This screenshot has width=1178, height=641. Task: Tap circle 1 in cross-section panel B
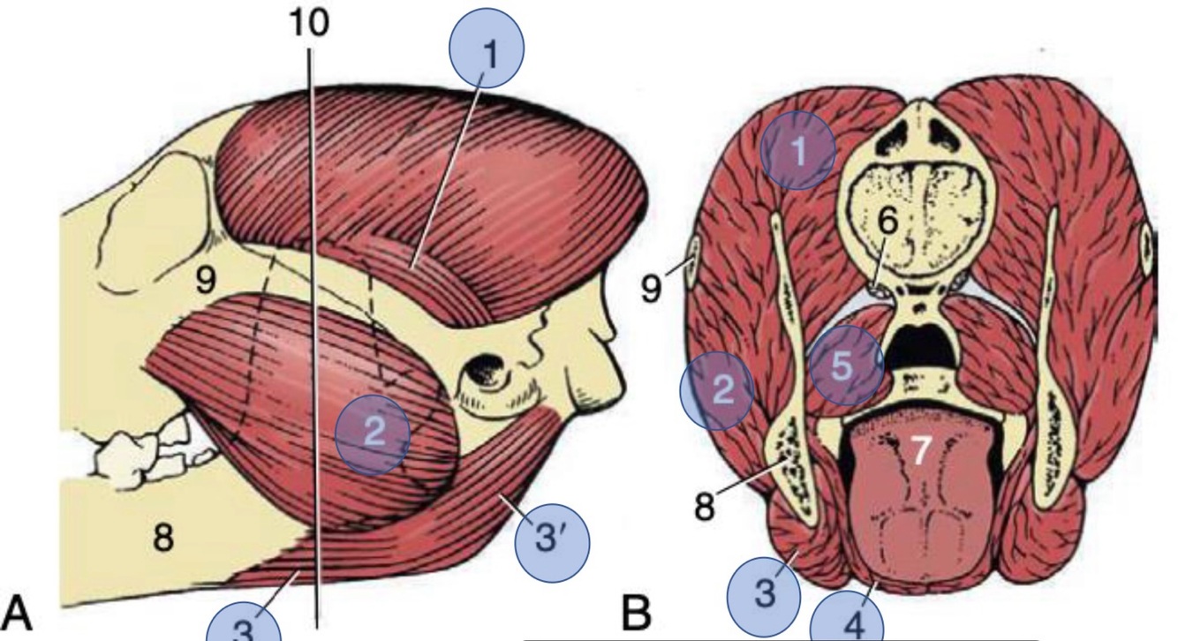pyautogui.click(x=798, y=152)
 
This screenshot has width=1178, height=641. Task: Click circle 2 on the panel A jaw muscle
pyautogui.click(x=373, y=434)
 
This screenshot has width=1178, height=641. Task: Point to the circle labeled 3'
pyautogui.click(x=551, y=539)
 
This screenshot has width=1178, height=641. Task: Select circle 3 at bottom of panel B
pyautogui.click(x=765, y=593)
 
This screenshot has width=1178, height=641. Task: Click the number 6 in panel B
pyautogui.click(x=887, y=223)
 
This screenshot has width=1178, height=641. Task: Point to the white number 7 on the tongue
pyautogui.click(x=919, y=451)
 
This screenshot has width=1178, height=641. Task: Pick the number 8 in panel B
pyautogui.click(x=704, y=508)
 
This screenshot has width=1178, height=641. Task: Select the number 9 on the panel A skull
pyautogui.click(x=205, y=281)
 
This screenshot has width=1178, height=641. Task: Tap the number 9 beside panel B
pyautogui.click(x=651, y=288)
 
